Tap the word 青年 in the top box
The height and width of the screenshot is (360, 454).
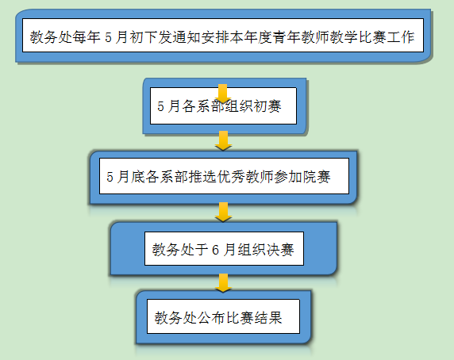point(287,36)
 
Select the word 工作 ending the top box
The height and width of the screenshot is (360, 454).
point(401,36)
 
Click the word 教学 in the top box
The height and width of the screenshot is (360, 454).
point(344,36)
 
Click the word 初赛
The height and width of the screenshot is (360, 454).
point(267,106)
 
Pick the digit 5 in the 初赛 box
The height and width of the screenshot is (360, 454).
point(160,106)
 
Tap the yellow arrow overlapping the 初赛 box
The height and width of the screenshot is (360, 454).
point(223,94)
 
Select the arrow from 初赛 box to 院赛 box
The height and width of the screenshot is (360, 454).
point(223,140)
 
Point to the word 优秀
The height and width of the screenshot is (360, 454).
point(231,176)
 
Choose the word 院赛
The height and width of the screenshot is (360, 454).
point(317,176)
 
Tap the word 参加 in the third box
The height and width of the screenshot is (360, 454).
point(288,176)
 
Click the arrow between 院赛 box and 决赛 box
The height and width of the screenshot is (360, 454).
point(223,212)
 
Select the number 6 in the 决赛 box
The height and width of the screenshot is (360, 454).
point(215,250)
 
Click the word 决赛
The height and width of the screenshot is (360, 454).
point(280,249)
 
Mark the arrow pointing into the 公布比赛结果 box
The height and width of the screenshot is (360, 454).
point(223,283)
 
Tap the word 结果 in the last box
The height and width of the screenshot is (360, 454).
point(268,317)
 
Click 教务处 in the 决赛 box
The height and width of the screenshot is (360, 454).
point(173,249)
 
